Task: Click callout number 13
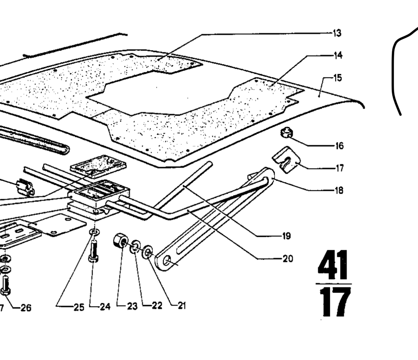(337, 33)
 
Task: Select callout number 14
(338, 55)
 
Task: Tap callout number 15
(338, 78)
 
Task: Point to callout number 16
(339, 146)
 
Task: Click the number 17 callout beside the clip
(339, 168)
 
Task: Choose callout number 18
(339, 190)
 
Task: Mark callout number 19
(286, 236)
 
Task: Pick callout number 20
(287, 259)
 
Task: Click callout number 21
(181, 306)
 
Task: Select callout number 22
(157, 306)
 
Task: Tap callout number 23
(132, 306)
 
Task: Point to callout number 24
(105, 306)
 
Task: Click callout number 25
(79, 307)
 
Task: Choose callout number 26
(26, 307)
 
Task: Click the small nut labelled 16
(286, 133)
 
